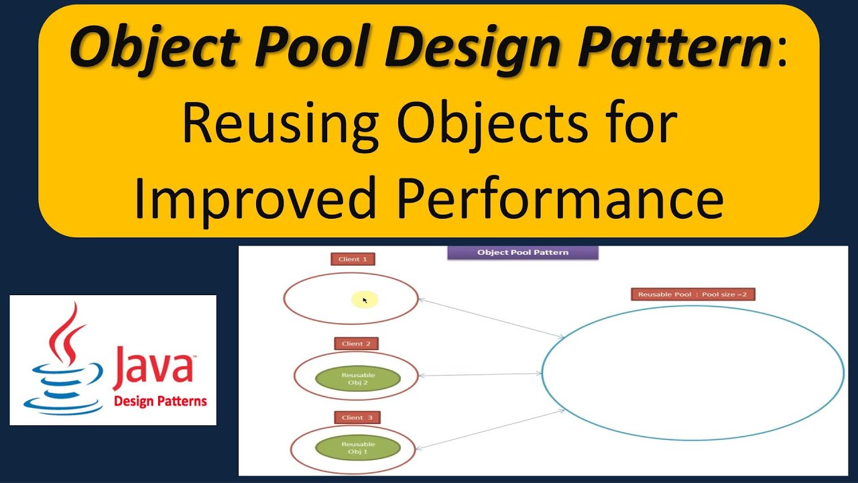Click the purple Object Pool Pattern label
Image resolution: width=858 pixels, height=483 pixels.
coord(523,253)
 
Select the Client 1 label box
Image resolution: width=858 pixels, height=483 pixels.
coord(353,259)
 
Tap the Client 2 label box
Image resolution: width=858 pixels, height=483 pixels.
coord(356,343)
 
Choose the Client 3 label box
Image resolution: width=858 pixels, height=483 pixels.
coord(357,417)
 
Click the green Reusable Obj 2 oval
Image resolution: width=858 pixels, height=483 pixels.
coord(357,379)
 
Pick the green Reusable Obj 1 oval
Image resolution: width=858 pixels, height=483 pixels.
coord(357,448)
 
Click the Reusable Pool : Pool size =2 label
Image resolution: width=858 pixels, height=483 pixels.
coord(692,294)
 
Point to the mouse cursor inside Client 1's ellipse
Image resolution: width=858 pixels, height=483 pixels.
coord(365,300)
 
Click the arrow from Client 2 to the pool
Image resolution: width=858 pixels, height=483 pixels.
coord(479,374)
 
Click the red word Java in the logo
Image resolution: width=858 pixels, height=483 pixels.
coord(154,368)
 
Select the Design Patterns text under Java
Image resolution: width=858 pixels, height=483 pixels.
coord(160,402)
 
